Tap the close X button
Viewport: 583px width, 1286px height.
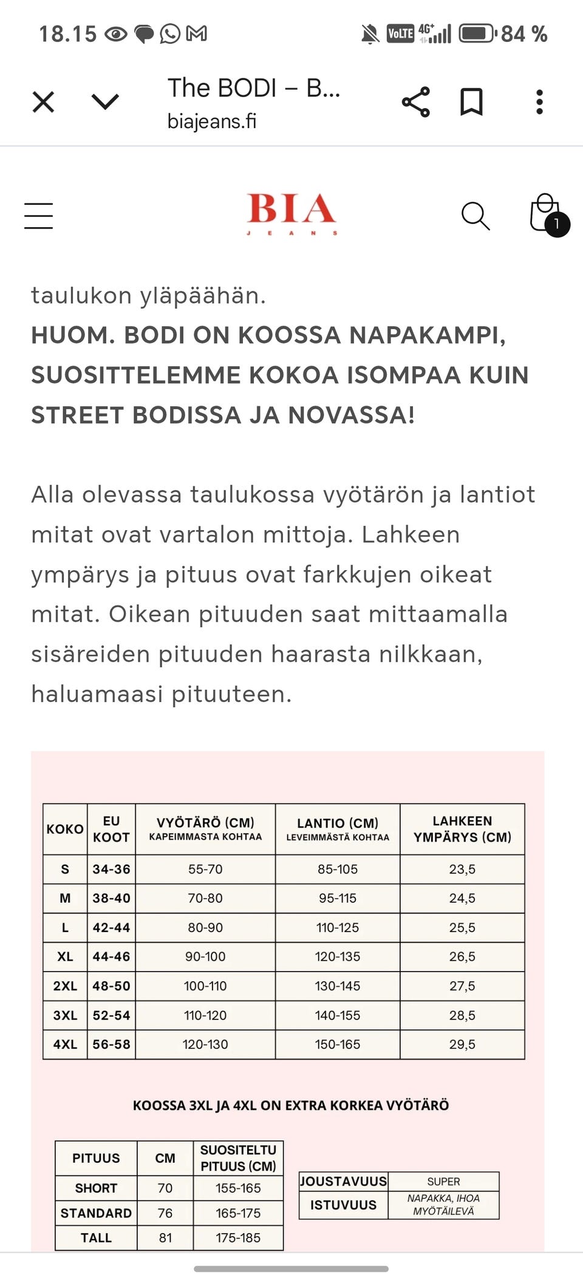pyautogui.click(x=43, y=102)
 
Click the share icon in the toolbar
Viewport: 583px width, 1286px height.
pyautogui.click(x=416, y=102)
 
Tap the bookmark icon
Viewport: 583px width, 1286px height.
pyautogui.click(x=471, y=102)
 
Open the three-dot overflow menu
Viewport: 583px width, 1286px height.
pyautogui.click(x=539, y=102)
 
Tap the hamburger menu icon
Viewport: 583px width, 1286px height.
pyautogui.click(x=39, y=216)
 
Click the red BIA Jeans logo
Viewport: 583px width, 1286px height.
pyautogui.click(x=291, y=213)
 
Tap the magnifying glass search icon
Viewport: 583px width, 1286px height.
pyautogui.click(x=476, y=216)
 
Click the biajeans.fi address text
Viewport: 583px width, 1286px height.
pyautogui.click(x=212, y=121)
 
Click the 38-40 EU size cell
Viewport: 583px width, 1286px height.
pyautogui.click(x=111, y=898)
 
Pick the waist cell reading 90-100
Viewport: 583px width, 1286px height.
pyautogui.click(x=205, y=956)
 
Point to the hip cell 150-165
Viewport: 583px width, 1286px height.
pyautogui.click(x=338, y=1044)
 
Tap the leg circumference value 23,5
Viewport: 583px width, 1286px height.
pyautogui.click(x=462, y=869)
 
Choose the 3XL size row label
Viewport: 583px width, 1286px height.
pyautogui.click(x=65, y=1015)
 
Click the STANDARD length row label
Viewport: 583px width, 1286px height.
pyautogui.click(x=96, y=1213)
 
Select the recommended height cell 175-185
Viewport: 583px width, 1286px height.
pyautogui.click(x=238, y=1237)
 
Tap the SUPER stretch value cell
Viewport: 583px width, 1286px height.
pyautogui.click(x=443, y=1182)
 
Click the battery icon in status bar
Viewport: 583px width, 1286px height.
pyautogui.click(x=477, y=33)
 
